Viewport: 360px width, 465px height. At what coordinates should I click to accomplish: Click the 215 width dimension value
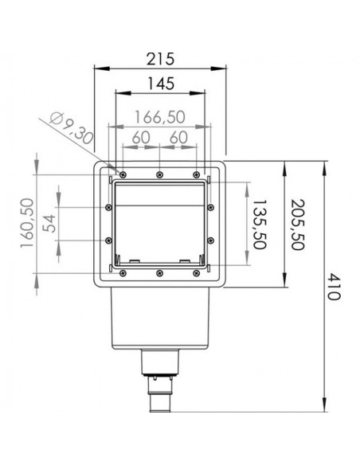click(x=160, y=59)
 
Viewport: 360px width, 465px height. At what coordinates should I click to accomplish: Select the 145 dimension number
click(x=161, y=84)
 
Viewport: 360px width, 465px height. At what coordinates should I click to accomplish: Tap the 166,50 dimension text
click(x=160, y=117)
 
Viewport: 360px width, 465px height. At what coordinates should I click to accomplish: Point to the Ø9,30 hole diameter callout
click(x=71, y=128)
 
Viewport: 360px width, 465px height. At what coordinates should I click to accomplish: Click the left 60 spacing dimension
click(x=141, y=138)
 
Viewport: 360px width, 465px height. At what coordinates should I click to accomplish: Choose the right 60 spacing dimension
click(x=178, y=138)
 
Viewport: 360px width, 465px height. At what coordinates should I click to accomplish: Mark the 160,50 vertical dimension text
click(x=27, y=223)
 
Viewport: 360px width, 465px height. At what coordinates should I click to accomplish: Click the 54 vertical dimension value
click(x=49, y=223)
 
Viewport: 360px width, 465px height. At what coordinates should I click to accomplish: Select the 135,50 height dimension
click(x=260, y=225)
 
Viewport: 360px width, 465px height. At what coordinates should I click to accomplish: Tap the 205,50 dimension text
click(x=297, y=225)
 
